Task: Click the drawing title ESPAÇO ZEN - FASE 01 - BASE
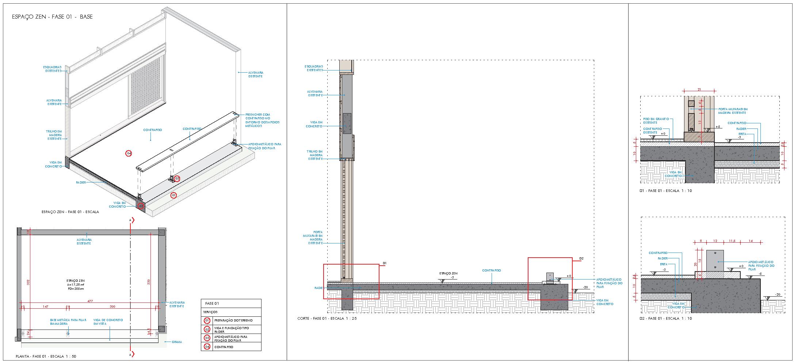click(52, 17)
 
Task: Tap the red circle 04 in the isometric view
click(129, 154)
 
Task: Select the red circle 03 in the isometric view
click(177, 178)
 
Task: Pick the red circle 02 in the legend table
click(207, 329)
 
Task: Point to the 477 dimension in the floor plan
click(90, 301)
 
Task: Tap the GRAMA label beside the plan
click(177, 342)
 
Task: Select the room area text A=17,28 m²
click(76, 285)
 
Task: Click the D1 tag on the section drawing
click(385, 263)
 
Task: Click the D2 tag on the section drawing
click(581, 259)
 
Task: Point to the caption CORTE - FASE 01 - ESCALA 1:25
click(327, 319)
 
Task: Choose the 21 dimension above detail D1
click(699, 89)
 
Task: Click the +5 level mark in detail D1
click(717, 127)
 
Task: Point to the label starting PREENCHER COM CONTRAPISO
click(262, 120)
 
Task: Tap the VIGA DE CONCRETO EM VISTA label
click(108, 322)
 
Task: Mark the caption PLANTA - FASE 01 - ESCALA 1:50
click(46, 356)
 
